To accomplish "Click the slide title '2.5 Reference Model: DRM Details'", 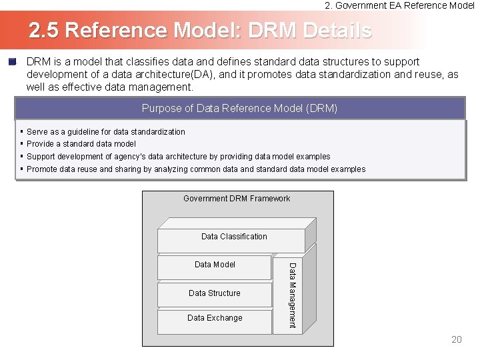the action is [x=200, y=31].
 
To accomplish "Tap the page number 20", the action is [x=456, y=340].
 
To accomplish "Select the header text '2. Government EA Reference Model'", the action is [x=399, y=5].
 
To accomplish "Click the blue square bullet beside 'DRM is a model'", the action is [x=12, y=62].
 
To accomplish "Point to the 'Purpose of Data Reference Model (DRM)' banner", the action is [x=240, y=108].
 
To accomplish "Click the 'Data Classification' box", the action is [x=234, y=237].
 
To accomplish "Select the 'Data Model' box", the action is [x=215, y=265].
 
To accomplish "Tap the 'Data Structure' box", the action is [x=215, y=293].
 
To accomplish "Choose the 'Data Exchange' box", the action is [x=215, y=318].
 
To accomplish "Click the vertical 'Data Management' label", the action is [x=291, y=295].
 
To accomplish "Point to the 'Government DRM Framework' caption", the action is [x=237, y=199].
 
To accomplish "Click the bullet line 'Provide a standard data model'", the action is [x=81, y=144].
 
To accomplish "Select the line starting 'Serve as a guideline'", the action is [x=106, y=132].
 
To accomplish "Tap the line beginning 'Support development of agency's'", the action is [x=179, y=157].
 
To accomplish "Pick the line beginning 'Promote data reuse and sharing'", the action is [x=196, y=169].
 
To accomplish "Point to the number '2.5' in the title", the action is [x=45, y=31].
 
